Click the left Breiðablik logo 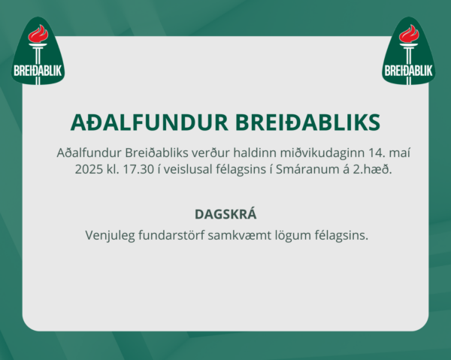(x=38, y=52)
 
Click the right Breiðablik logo (x=409, y=52)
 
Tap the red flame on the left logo (x=38, y=34)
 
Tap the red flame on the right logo (x=409, y=34)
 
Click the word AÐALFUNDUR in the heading (x=150, y=123)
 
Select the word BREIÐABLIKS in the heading (x=308, y=123)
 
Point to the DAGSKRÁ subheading (x=225, y=214)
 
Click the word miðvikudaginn (x=322, y=153)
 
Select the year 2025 (x=89, y=169)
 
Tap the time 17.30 (x=138, y=169)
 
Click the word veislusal (x=188, y=169)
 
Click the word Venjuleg (x=110, y=236)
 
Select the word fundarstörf (x=171, y=235)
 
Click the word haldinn (x=255, y=153)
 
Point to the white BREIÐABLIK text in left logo (x=38, y=71)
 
